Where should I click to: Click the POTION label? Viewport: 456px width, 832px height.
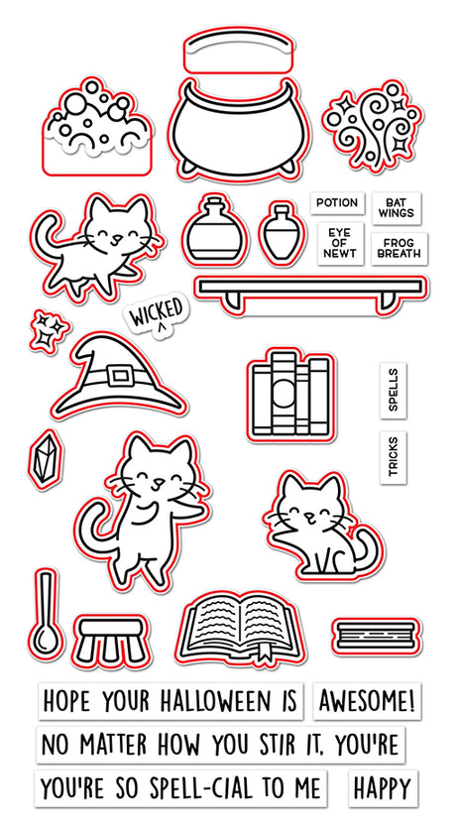click(x=337, y=203)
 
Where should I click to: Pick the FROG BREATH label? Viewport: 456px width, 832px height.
click(x=399, y=248)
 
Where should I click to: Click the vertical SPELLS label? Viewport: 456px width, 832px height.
click(x=394, y=391)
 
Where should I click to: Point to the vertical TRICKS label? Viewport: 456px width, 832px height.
click(x=394, y=457)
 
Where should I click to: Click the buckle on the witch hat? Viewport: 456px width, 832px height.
click(x=119, y=376)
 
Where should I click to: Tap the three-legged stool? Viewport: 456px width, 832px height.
click(x=111, y=641)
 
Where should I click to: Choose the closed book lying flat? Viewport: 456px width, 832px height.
click(x=377, y=636)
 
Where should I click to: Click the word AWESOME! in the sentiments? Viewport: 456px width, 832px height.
click(x=367, y=701)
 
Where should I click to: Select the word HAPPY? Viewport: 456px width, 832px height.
click(x=383, y=788)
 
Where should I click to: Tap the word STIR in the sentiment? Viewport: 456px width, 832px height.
click(x=284, y=745)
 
